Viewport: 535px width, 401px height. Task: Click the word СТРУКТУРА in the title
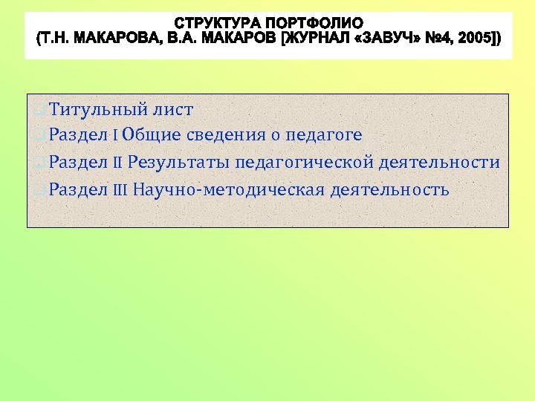(215, 24)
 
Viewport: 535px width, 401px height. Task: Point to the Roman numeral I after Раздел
(115, 135)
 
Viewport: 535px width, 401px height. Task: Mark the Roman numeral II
(117, 163)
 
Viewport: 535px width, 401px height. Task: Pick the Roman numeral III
(121, 190)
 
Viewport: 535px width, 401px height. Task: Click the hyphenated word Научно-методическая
(229, 190)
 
